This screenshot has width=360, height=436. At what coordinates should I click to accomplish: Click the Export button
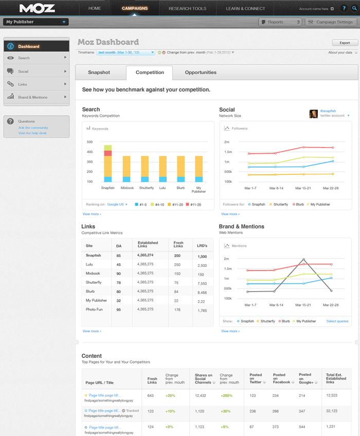345,43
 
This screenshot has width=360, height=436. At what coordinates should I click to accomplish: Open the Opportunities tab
201,72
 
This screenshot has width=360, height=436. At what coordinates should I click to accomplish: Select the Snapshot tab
99,72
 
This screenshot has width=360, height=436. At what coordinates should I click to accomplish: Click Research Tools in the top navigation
188,9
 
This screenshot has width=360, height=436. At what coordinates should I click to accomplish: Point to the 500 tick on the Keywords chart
89,142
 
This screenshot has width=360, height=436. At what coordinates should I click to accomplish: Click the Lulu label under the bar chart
163,188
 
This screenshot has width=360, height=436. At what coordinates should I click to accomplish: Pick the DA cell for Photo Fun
119,310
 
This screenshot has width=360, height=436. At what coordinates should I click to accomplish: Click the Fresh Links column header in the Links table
178,245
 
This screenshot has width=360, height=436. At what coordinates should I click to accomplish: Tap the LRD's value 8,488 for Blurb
202,292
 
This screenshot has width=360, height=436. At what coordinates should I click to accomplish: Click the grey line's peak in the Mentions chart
304,259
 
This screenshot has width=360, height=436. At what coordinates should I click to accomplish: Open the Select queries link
337,321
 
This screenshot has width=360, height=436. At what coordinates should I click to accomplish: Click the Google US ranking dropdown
118,204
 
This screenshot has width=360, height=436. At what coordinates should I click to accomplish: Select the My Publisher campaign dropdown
36,22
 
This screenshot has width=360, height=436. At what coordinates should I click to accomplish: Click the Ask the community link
33,128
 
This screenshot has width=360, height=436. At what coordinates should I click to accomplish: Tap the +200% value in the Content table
227,395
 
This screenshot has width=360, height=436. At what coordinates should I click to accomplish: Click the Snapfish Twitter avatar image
313,114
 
